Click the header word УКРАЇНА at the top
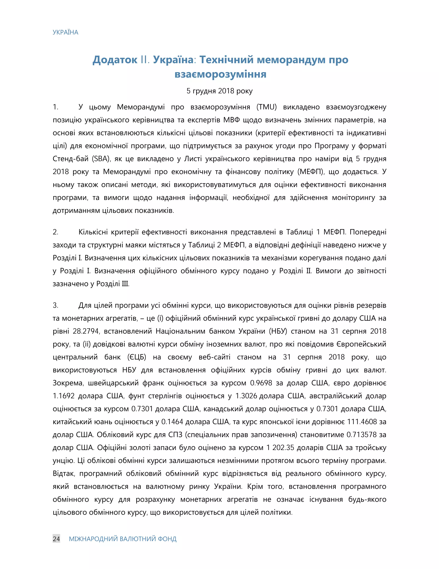tap(65, 32)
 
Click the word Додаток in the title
tap(115, 60)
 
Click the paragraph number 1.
tap(55, 107)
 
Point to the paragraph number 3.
tap(55, 305)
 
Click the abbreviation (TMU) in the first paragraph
tap(267, 107)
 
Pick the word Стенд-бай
tap(71, 159)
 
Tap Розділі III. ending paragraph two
tap(113, 284)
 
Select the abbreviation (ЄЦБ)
tap(137, 357)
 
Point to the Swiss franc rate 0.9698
tap(261, 383)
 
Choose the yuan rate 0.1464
tap(172, 422)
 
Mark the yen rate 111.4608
tap(362, 422)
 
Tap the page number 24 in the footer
tap(56, 539)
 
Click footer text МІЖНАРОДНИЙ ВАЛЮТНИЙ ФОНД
tap(122, 539)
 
